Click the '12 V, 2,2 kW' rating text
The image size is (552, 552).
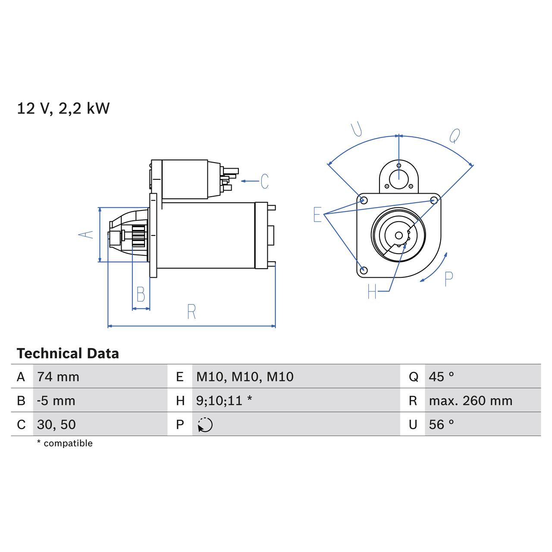point(63,108)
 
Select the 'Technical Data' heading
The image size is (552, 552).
point(68,354)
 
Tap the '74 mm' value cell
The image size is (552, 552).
point(58,377)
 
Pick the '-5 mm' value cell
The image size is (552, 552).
point(56,401)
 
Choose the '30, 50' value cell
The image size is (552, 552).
point(56,425)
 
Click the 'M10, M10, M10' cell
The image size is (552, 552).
point(245,377)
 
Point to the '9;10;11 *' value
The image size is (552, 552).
point(224,401)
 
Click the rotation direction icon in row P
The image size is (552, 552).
point(205,425)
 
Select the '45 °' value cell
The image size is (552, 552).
point(441,377)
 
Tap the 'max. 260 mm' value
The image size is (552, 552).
point(470,401)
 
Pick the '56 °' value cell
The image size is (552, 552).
point(441,425)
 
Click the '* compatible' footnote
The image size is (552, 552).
point(65,443)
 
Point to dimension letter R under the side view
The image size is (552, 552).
point(191,311)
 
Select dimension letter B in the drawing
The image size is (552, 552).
point(141,295)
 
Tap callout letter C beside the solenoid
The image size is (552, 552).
point(264,181)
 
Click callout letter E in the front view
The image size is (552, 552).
point(317,214)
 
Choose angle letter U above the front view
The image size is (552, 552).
point(356,129)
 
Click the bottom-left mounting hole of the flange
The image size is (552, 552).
point(364,270)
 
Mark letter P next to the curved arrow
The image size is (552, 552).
point(448,279)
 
